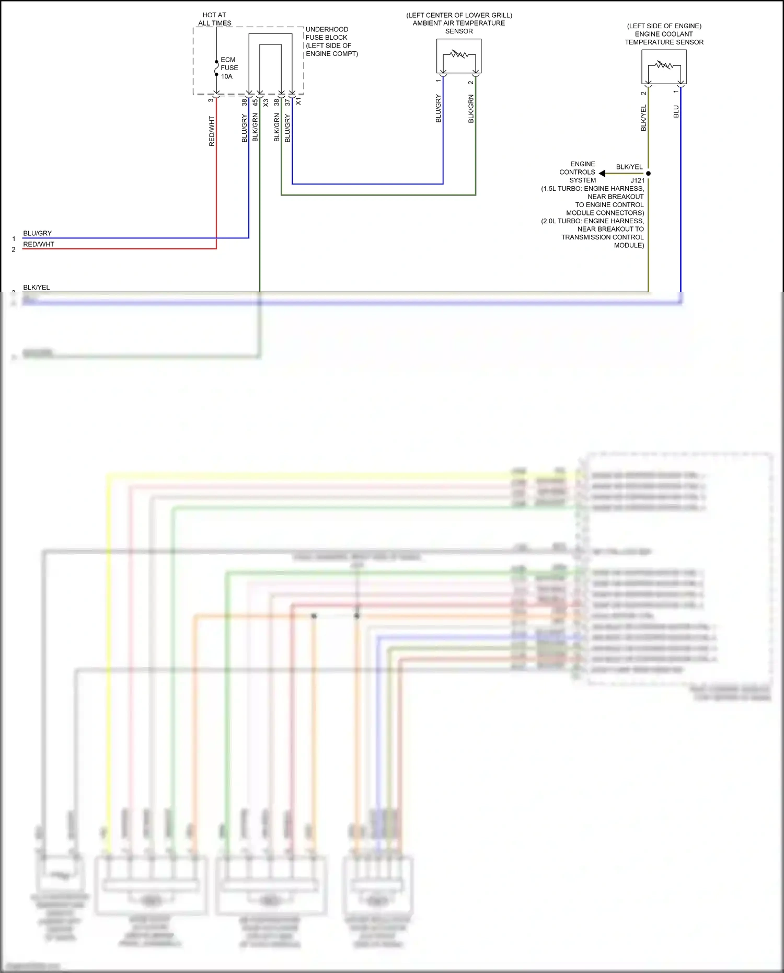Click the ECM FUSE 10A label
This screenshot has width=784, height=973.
pyautogui.click(x=229, y=68)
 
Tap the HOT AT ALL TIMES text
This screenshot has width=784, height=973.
pyautogui.click(x=214, y=19)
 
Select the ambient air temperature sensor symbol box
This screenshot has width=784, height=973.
pyautogui.click(x=459, y=56)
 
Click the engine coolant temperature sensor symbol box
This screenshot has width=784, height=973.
pyautogui.click(x=664, y=67)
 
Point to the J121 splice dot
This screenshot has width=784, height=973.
pyautogui.click(x=648, y=173)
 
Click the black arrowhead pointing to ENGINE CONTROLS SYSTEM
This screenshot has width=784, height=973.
pyautogui.click(x=602, y=173)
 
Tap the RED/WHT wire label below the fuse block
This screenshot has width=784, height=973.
pyautogui.click(x=212, y=131)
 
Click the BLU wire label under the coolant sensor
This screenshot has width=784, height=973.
pyautogui.click(x=676, y=111)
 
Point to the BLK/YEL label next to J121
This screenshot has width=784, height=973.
pyautogui.click(x=629, y=167)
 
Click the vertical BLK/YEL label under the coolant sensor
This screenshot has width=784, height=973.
pyautogui.click(x=643, y=118)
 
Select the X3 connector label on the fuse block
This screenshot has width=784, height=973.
pyautogui.click(x=266, y=103)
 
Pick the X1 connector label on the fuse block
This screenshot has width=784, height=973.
pyautogui.click(x=298, y=102)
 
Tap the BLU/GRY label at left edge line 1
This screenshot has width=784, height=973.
pyautogui.click(x=37, y=233)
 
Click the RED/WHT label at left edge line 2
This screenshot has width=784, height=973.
pyautogui.click(x=38, y=244)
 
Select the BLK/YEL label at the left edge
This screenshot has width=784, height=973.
pyautogui.click(x=36, y=287)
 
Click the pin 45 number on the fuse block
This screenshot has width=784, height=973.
pyautogui.click(x=255, y=103)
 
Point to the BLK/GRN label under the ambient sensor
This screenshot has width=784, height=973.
pyautogui.click(x=471, y=109)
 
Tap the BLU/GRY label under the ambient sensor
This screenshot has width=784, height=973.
pyautogui.click(x=438, y=109)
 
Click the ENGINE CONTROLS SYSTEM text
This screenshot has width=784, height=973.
pyautogui.click(x=578, y=172)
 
